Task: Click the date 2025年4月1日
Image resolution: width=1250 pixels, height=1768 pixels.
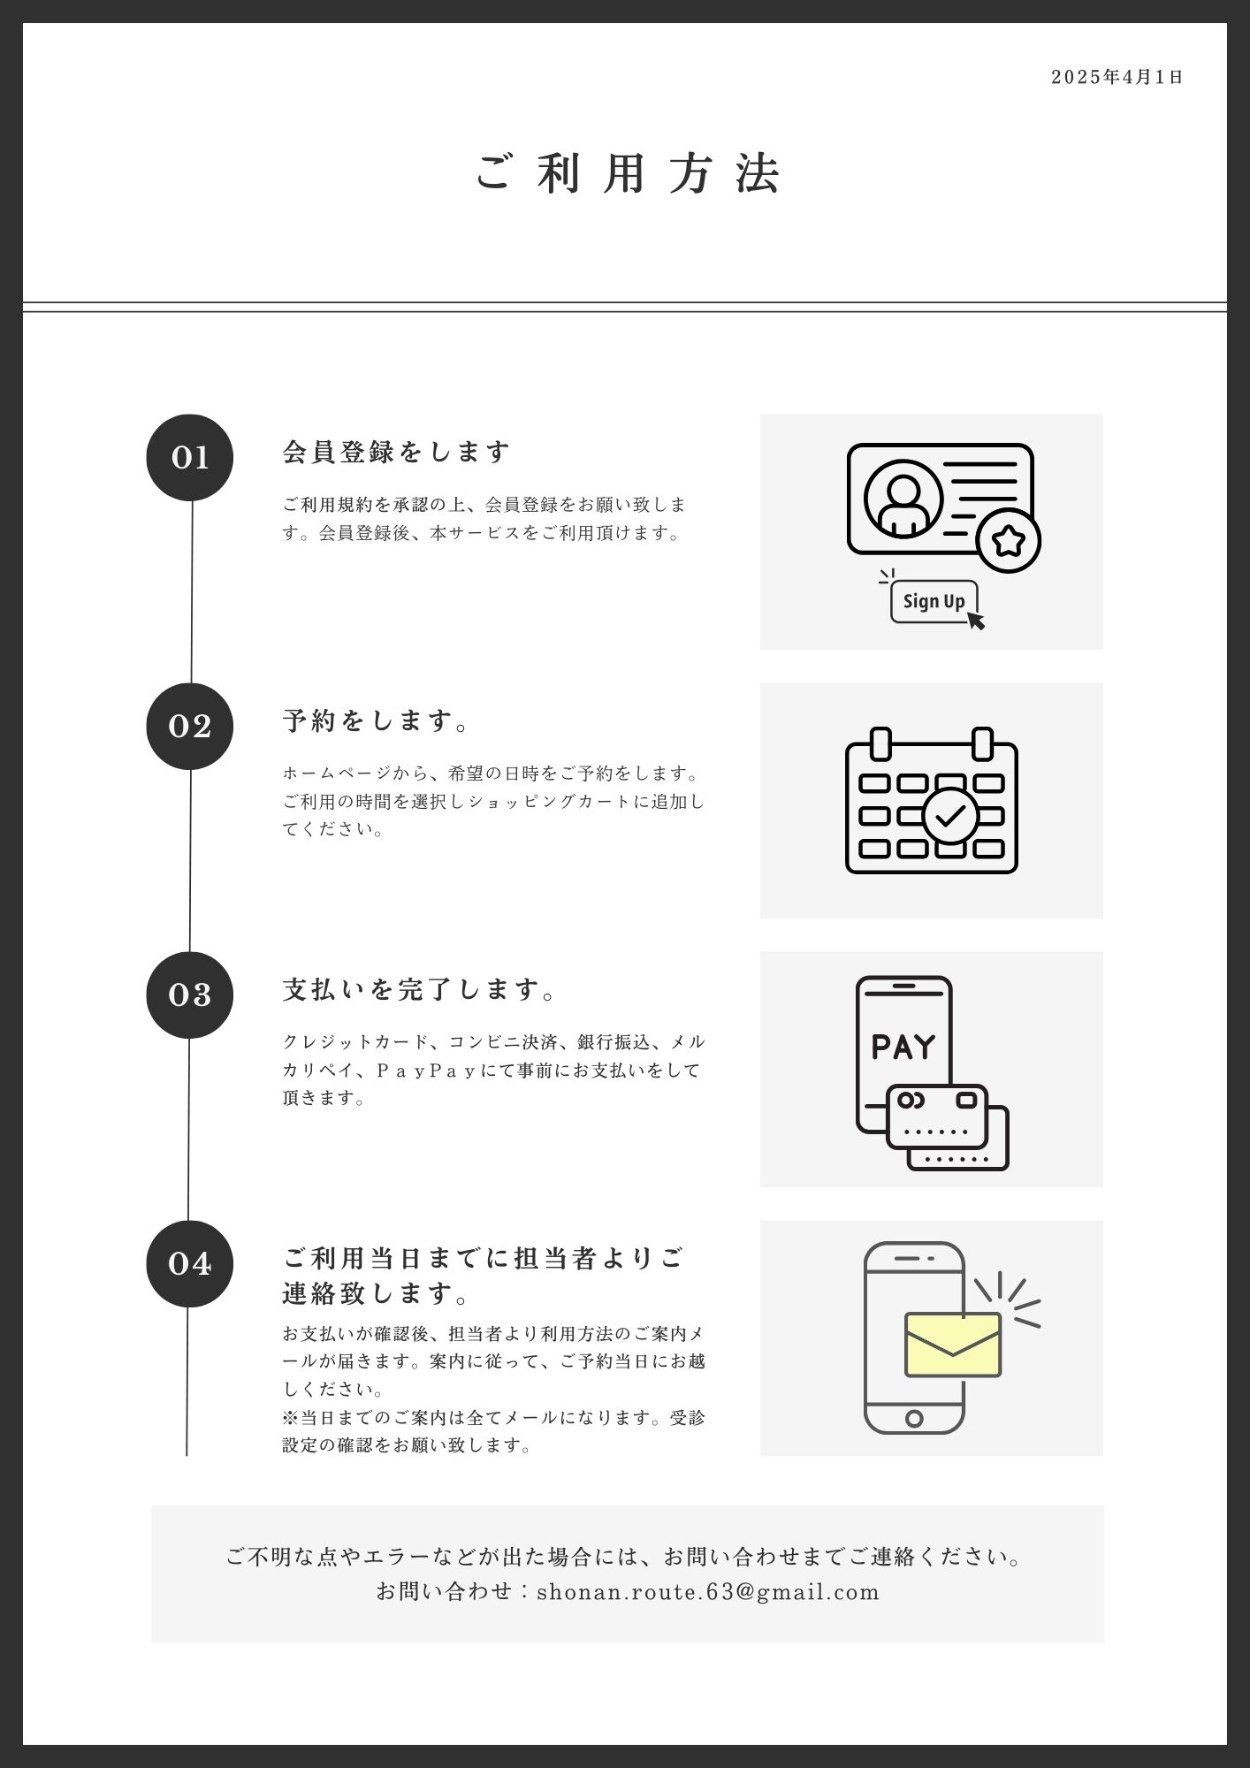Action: (x=1117, y=77)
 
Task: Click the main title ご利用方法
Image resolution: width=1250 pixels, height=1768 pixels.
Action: (x=628, y=172)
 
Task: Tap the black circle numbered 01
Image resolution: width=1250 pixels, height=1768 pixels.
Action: (x=189, y=457)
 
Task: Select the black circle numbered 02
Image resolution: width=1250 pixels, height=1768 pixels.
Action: (x=189, y=726)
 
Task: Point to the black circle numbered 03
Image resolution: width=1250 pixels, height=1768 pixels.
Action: (x=189, y=994)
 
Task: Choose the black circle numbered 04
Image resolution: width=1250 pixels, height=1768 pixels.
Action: (x=189, y=1263)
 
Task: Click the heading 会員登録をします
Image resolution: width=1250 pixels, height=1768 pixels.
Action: (x=396, y=452)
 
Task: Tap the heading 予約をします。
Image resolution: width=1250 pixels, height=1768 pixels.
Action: (x=377, y=720)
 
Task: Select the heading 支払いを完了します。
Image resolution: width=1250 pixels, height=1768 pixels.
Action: (x=420, y=989)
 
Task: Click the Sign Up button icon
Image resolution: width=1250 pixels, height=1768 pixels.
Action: (x=934, y=601)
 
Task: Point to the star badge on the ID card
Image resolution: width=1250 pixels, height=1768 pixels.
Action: (x=1009, y=540)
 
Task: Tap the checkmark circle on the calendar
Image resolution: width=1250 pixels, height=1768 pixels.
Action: (x=950, y=816)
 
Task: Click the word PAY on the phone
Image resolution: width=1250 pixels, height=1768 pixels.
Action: (x=903, y=1047)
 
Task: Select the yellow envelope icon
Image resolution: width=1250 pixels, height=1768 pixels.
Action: (x=953, y=1345)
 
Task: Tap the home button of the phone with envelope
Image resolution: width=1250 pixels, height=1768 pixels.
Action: (x=914, y=1419)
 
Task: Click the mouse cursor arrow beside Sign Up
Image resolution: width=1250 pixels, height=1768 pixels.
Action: (x=975, y=620)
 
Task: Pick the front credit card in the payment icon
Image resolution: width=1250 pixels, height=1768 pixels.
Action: (x=937, y=1116)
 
